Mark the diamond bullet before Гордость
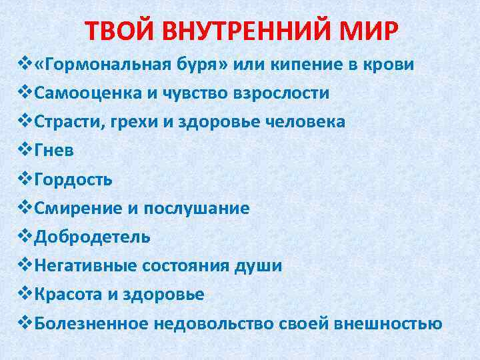pos(25,179)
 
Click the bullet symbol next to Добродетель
pos(25,237)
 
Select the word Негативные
pos(86,266)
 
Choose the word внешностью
pos(389,323)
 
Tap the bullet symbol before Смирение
pos(25,208)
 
